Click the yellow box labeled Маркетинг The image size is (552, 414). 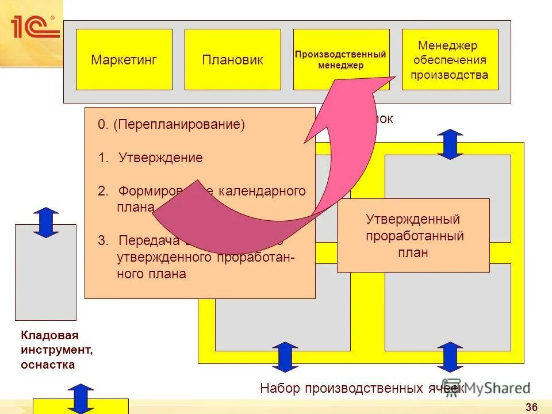(x=124, y=60)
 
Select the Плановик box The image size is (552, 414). (x=232, y=60)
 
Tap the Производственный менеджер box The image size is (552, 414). (x=341, y=60)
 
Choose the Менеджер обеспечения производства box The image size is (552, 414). (x=450, y=60)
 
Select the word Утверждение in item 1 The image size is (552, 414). (x=160, y=158)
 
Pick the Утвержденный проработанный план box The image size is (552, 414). (x=413, y=235)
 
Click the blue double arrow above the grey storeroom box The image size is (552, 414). (x=46, y=223)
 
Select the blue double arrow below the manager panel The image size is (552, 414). (x=450, y=144)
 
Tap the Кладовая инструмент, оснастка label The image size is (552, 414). (x=49, y=350)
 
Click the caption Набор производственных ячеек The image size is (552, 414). (x=361, y=388)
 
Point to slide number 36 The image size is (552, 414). (x=531, y=408)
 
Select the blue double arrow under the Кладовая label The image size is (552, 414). (x=84, y=397)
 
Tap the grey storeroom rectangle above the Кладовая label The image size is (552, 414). (x=45, y=272)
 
